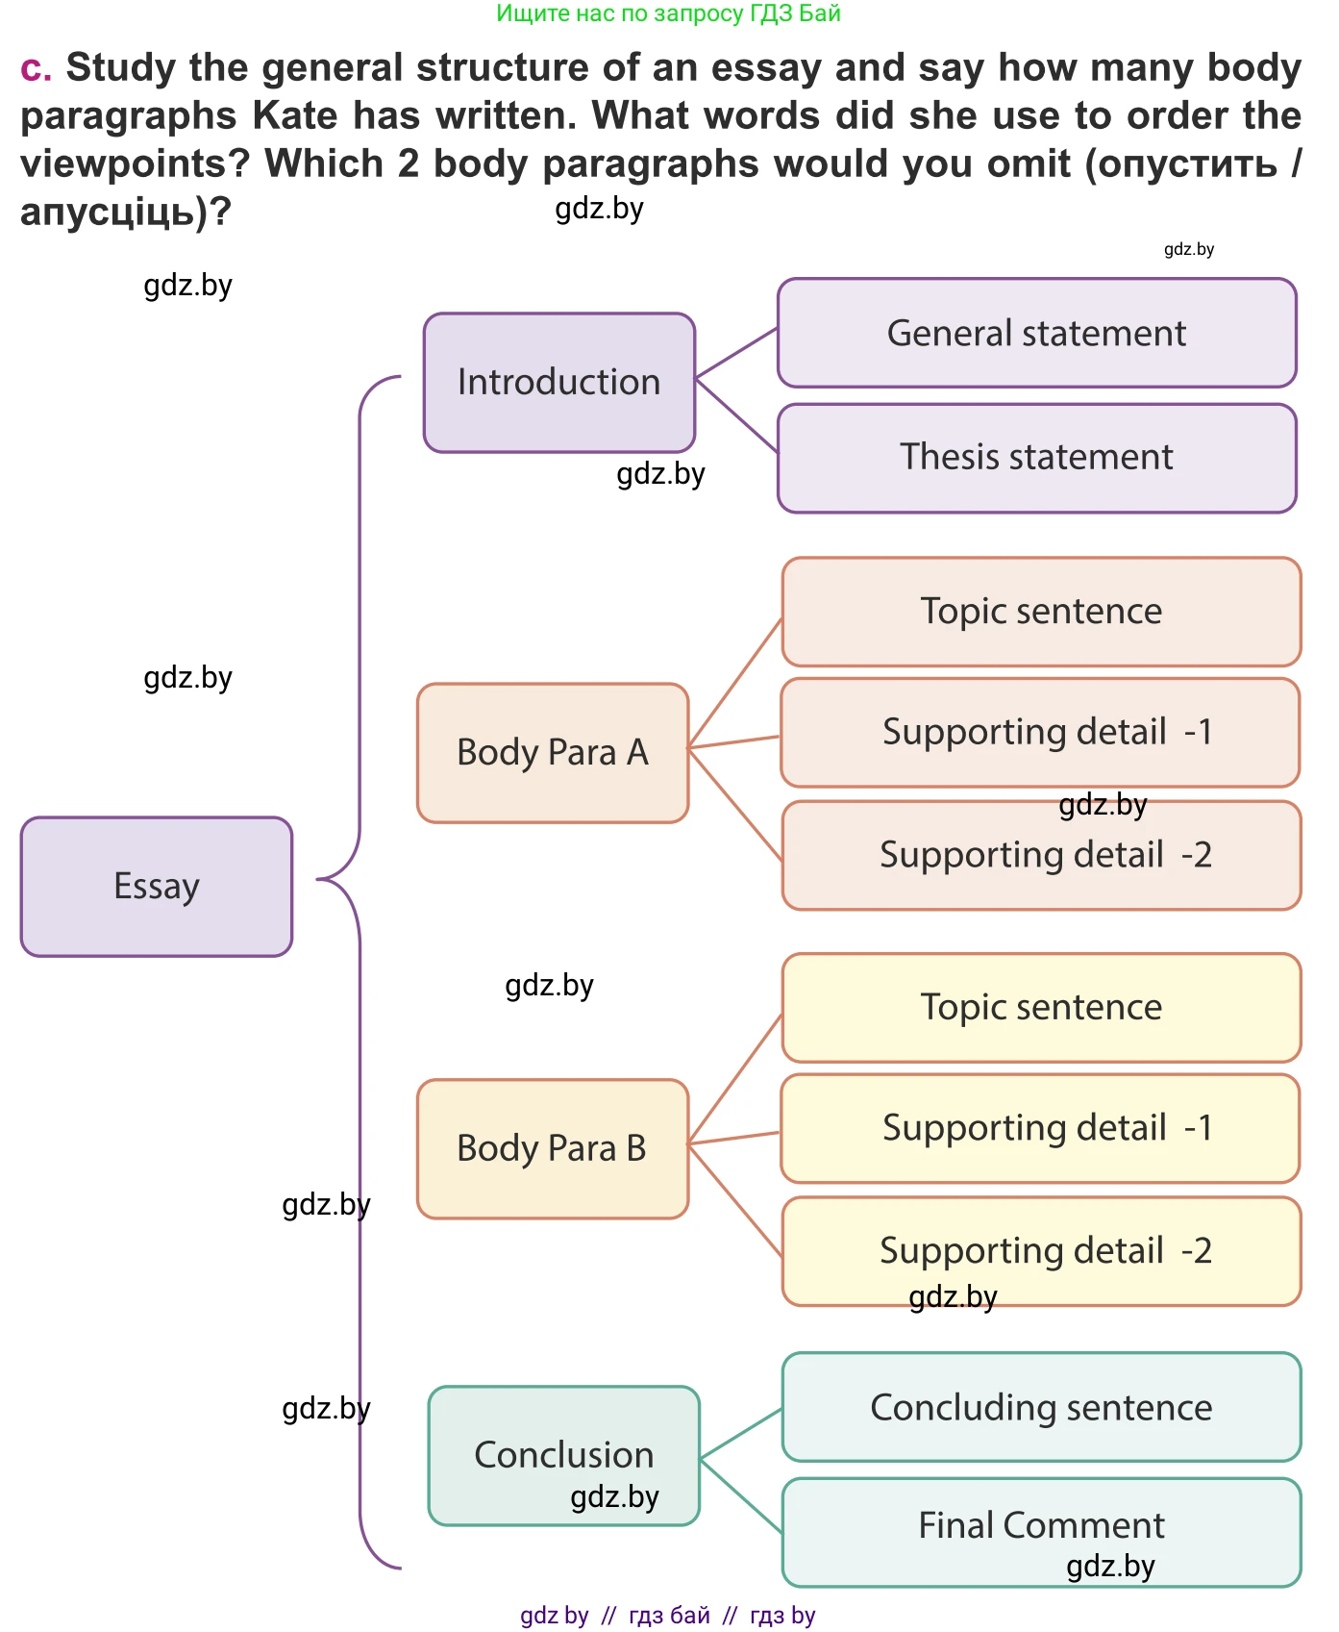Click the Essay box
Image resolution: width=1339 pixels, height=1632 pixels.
point(156,886)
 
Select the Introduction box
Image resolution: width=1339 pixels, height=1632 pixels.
point(558,382)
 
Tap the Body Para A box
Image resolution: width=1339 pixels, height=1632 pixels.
point(553,752)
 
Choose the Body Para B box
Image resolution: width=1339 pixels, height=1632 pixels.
point(553,1148)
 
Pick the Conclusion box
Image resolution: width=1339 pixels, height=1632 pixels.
point(563,1454)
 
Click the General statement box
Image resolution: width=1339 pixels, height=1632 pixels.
point(1036,333)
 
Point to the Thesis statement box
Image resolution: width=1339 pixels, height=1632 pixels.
point(1036,458)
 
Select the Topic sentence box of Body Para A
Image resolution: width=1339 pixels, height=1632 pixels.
point(1041,612)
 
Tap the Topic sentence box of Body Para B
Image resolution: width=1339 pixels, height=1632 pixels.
point(1041,1008)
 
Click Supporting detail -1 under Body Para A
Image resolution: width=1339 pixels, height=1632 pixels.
point(1041,733)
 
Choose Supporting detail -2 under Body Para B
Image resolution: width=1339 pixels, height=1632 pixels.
point(1041,1251)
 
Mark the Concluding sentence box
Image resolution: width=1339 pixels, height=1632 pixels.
point(1041,1407)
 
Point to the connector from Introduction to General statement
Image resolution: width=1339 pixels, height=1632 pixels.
point(736,353)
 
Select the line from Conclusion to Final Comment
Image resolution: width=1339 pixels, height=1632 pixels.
point(741,1496)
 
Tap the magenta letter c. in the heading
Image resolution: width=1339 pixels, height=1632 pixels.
point(36,68)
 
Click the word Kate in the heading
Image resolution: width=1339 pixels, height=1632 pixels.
point(295,116)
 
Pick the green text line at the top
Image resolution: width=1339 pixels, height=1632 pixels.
point(668,13)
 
